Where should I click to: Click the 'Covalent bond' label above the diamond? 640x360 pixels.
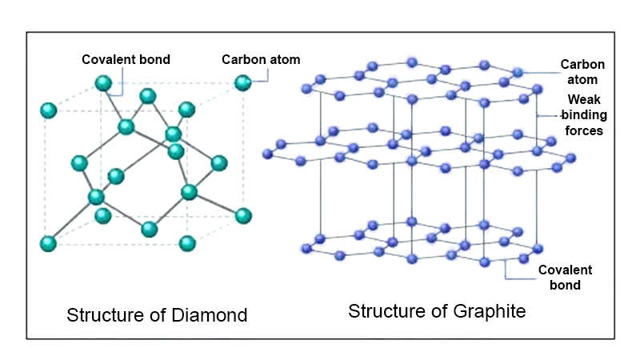(x=126, y=59)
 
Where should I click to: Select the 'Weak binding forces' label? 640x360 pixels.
(x=585, y=115)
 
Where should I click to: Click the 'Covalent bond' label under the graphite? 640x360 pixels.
(x=559, y=277)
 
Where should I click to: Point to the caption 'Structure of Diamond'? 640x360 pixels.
(x=157, y=314)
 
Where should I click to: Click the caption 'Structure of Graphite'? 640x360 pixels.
(x=437, y=311)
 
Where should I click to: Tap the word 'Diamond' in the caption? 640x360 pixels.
(x=210, y=314)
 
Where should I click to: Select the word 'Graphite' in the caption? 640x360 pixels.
(x=492, y=311)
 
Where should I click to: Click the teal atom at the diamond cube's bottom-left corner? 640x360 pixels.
(x=49, y=242)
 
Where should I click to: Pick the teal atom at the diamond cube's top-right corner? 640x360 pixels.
(x=243, y=82)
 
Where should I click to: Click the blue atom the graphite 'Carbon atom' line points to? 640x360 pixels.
(x=518, y=73)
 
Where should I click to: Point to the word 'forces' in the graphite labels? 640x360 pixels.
(x=585, y=130)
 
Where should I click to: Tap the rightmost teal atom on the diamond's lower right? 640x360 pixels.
(x=243, y=215)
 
